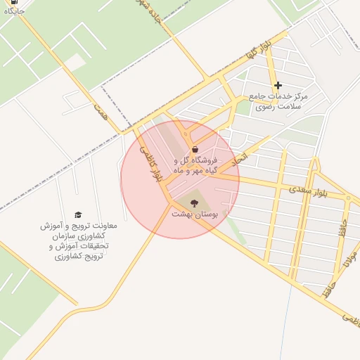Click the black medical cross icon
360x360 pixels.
pos(278,85)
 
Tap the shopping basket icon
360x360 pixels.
pos(194,149)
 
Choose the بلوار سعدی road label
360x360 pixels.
pos(308,191)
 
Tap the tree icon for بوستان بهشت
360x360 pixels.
pos(194,202)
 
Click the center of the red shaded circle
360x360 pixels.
pos(180,179)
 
